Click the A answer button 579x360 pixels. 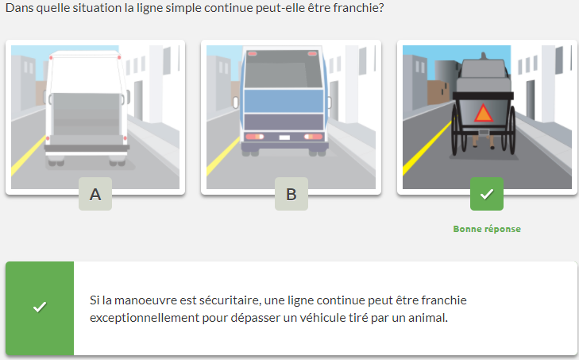click(x=95, y=194)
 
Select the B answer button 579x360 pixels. click(x=291, y=194)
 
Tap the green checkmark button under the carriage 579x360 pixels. click(x=487, y=194)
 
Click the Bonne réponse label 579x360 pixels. click(x=487, y=229)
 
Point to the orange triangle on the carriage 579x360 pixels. click(x=484, y=114)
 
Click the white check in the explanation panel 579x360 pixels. click(x=40, y=307)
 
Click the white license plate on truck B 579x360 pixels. click(x=284, y=137)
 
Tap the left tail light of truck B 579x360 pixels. click(x=254, y=137)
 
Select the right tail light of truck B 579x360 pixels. click(x=313, y=137)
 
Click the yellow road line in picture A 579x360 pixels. click(x=29, y=156)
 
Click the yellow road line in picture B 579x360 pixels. click(x=223, y=157)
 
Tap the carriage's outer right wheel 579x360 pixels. click(x=512, y=130)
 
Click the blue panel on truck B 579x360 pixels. click(x=284, y=101)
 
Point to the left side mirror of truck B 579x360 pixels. click(x=236, y=103)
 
